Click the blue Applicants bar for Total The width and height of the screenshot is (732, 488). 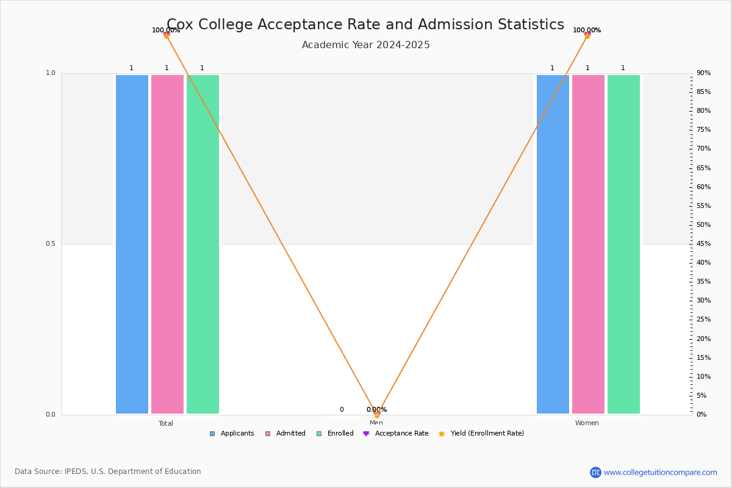click(x=132, y=244)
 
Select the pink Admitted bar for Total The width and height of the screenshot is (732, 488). click(x=167, y=244)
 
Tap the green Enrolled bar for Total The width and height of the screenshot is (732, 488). click(x=203, y=244)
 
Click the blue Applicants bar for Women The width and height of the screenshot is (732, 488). click(x=553, y=244)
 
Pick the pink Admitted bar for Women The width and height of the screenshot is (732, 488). click(x=588, y=244)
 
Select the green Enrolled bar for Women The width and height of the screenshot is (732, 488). click(x=623, y=244)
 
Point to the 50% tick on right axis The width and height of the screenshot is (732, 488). click(x=703, y=225)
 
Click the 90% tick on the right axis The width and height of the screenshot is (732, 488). click(x=703, y=73)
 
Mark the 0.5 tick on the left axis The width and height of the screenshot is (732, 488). click(x=51, y=244)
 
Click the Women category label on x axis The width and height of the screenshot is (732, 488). click(x=587, y=423)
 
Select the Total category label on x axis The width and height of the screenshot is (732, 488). click(x=166, y=423)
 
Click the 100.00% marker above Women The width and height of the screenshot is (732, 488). click(x=587, y=35)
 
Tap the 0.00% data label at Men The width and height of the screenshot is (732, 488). click(x=376, y=410)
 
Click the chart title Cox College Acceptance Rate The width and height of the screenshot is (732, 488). click(x=365, y=24)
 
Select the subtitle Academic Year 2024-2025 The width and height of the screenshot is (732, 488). click(x=365, y=45)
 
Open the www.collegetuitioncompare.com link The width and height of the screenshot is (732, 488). click(x=660, y=472)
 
